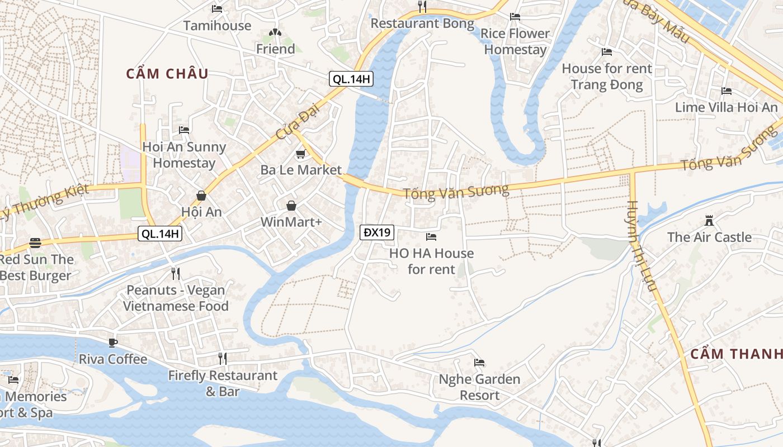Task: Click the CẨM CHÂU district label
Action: (x=167, y=74)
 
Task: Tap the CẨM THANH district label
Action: (x=736, y=354)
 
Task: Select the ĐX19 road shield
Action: (x=377, y=232)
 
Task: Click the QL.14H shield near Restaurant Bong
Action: (x=351, y=79)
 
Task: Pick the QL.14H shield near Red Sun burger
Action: (x=160, y=234)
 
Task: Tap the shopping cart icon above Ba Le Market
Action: (x=301, y=154)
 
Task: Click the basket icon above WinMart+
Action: (x=291, y=206)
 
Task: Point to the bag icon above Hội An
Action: (x=201, y=196)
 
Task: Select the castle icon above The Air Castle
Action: (x=709, y=221)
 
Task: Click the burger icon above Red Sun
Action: (x=35, y=243)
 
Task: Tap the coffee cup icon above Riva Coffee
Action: (x=113, y=343)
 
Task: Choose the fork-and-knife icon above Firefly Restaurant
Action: (x=223, y=358)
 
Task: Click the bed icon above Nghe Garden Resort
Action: (x=479, y=363)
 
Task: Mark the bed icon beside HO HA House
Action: (x=431, y=237)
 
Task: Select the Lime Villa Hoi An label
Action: (x=726, y=107)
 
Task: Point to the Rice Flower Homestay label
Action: (x=515, y=41)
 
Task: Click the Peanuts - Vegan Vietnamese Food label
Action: (x=176, y=298)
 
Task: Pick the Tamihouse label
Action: (x=217, y=26)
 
